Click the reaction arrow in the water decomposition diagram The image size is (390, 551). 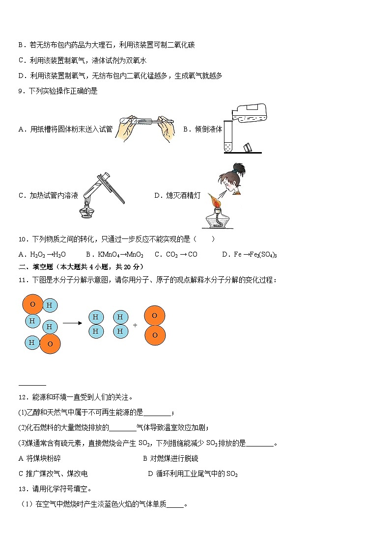72,323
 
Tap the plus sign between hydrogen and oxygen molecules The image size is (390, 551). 135,325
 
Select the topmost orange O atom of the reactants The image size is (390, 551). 32,304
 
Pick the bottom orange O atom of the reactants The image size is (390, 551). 50,343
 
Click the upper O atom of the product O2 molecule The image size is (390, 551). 155,315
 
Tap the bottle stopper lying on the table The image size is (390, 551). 248,147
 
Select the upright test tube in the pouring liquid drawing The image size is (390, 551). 228,135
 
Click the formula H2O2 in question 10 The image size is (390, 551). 37,255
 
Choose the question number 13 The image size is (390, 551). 22,489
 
